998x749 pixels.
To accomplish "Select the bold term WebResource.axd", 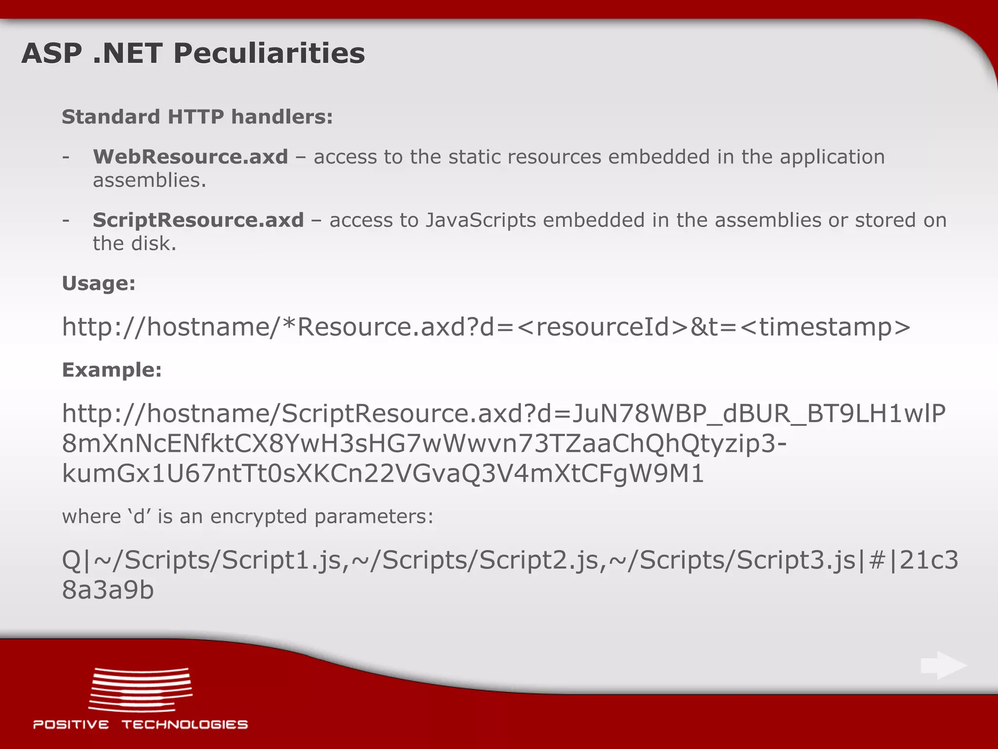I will click(x=191, y=157).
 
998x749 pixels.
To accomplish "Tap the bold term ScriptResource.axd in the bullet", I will click(x=198, y=220).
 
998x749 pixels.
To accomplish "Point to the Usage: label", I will click(x=98, y=283).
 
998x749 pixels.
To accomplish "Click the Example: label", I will click(x=112, y=370).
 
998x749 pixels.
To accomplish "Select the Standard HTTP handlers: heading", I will click(x=197, y=117).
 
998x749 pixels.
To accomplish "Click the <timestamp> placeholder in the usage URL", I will click(x=825, y=326).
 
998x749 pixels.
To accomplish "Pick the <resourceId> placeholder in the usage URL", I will click(x=602, y=326).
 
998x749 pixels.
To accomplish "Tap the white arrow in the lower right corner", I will click(x=943, y=666).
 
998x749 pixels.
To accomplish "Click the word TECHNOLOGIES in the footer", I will click(x=185, y=725).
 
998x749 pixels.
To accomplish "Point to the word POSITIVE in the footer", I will click(x=71, y=725).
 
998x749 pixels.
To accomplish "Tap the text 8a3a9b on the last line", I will click(x=108, y=590).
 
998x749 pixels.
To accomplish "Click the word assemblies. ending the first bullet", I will click(x=150, y=180).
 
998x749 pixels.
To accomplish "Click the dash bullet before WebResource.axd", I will click(x=66, y=157).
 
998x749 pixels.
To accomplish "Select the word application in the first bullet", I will click(x=832, y=157).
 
